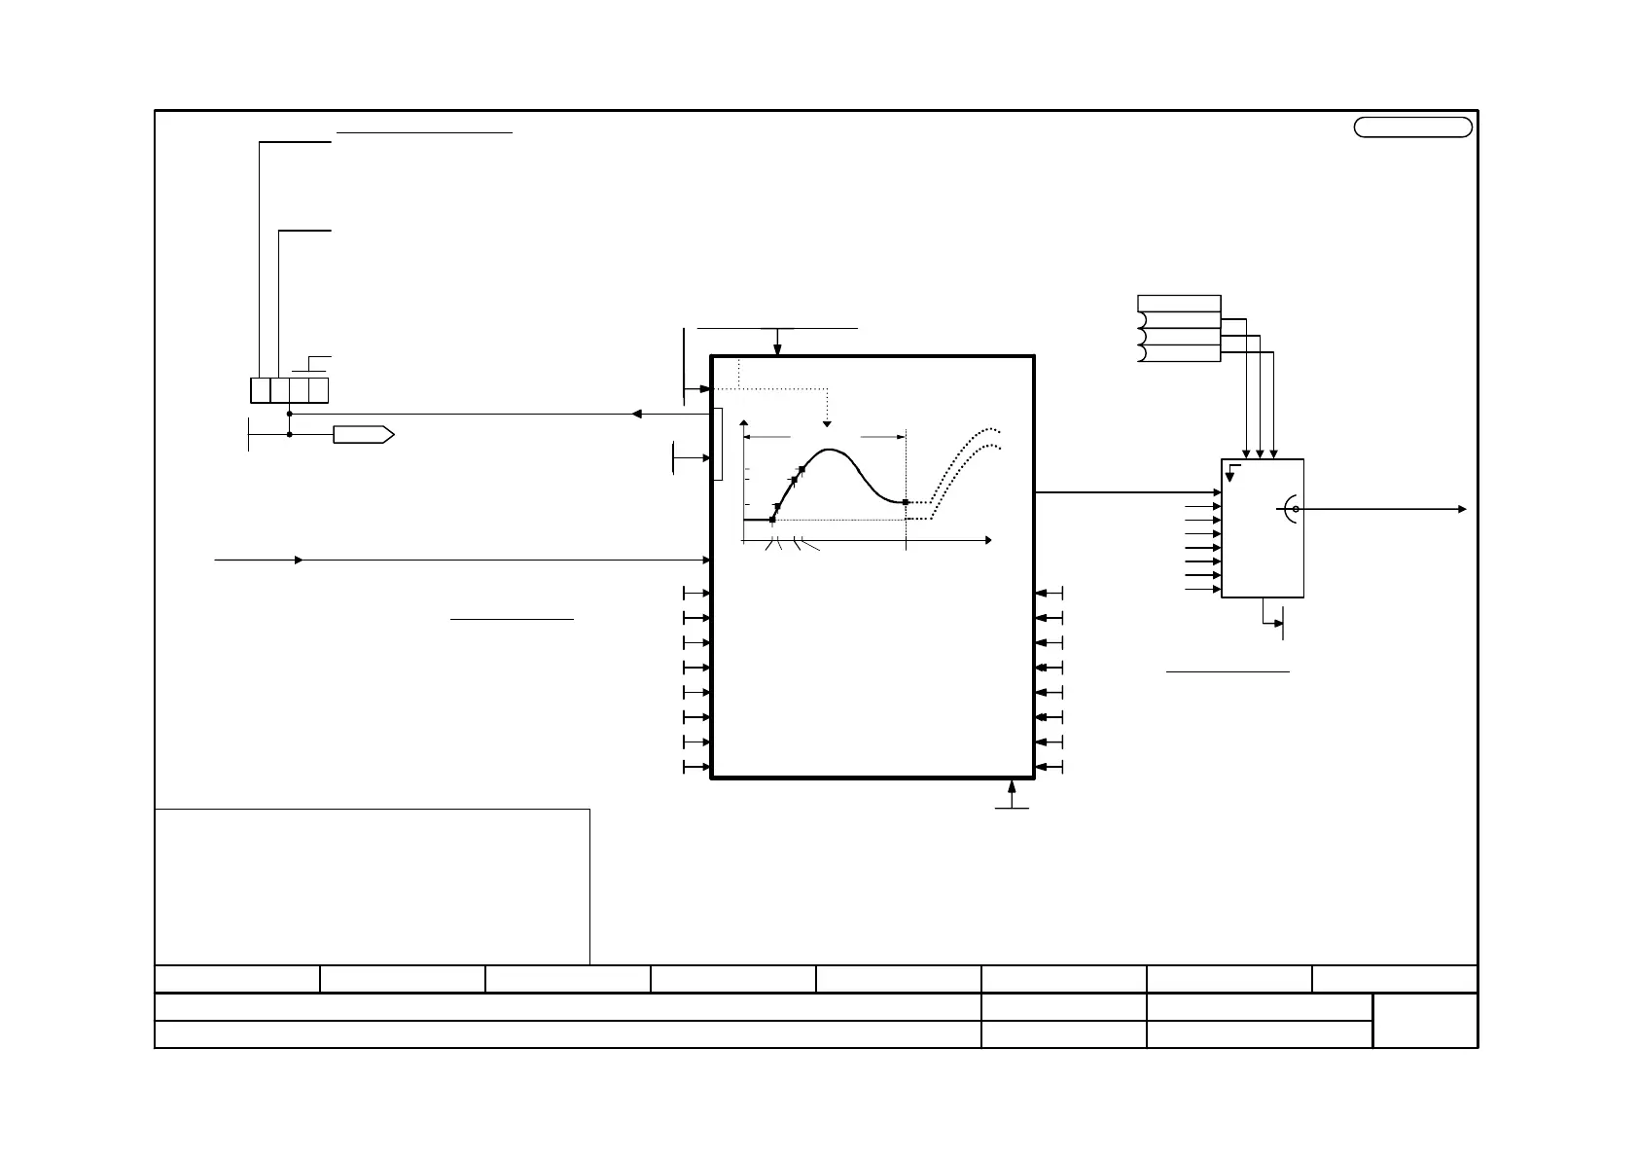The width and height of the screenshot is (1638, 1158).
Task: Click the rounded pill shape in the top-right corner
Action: pos(1412,127)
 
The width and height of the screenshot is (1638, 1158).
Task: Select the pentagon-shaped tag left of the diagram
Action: pos(363,435)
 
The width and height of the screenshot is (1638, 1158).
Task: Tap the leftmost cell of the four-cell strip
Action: pos(260,390)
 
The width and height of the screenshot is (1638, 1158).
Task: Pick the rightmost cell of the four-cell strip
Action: pos(318,390)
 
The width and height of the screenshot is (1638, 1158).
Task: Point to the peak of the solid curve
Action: pos(830,450)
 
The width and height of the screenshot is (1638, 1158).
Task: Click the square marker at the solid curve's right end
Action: pos(906,502)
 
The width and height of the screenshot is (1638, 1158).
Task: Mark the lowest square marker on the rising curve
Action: pos(772,520)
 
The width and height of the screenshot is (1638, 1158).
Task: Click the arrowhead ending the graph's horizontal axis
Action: pos(987,539)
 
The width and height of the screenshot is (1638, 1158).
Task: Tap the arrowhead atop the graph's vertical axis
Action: pos(744,423)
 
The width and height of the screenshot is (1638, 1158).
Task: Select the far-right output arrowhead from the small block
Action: pos(1462,509)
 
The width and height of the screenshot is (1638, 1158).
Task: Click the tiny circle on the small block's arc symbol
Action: pos(1296,509)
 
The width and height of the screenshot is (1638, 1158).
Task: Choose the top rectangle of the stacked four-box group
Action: pos(1179,303)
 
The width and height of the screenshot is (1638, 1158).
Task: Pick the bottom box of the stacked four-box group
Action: pos(1179,353)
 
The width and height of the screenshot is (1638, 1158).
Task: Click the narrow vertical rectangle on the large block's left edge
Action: pos(719,444)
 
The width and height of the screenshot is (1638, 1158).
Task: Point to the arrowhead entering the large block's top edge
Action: pos(777,350)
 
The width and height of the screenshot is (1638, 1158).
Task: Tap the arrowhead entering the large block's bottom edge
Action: pos(1013,783)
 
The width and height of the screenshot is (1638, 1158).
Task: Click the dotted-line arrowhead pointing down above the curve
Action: pos(828,424)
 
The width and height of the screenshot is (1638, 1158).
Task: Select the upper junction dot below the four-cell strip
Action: pos(290,414)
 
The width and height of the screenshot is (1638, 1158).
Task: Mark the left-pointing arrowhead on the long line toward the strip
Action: pos(636,414)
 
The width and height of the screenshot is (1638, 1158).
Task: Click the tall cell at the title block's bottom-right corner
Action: pos(1425,1020)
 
